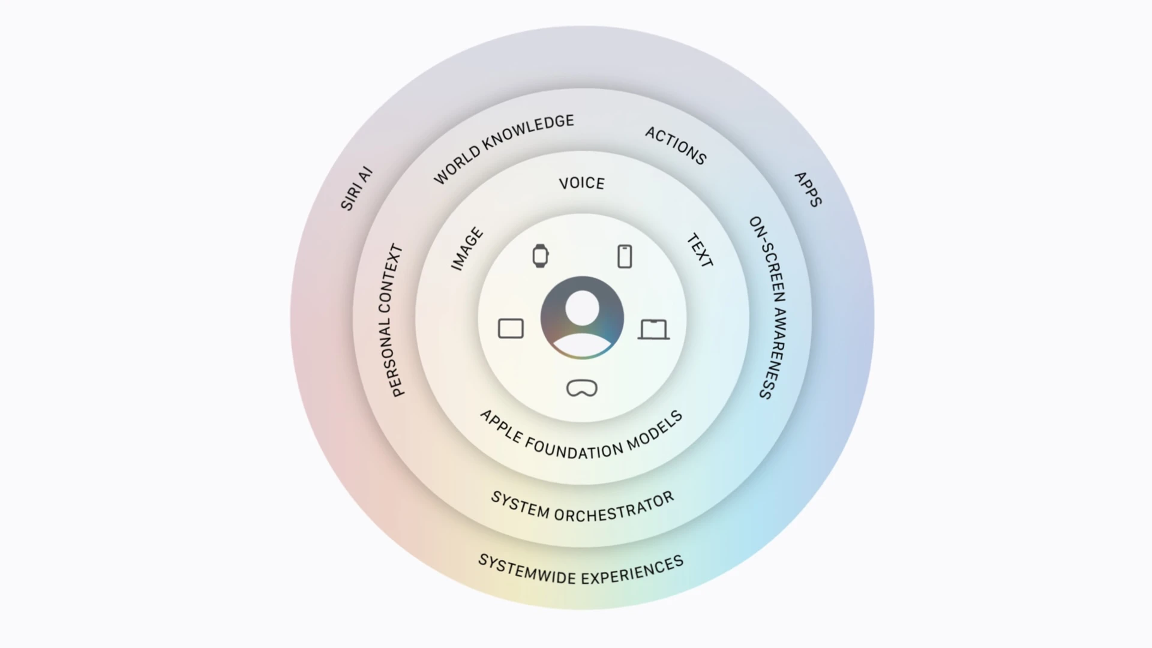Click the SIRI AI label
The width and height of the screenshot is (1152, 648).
click(x=357, y=188)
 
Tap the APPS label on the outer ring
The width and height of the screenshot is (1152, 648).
click(x=808, y=190)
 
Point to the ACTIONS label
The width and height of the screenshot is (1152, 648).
click(x=676, y=146)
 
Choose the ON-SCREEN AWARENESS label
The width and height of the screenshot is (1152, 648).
click(x=768, y=307)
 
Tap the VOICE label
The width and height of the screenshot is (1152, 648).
click(x=581, y=183)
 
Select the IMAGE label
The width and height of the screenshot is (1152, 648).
click(x=467, y=249)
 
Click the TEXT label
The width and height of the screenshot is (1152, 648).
click(x=700, y=251)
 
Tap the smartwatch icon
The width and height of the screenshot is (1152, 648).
click(x=541, y=256)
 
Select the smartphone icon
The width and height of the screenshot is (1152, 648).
click(x=625, y=256)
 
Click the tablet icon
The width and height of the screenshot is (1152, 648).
click(x=511, y=329)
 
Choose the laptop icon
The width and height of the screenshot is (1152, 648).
click(x=653, y=329)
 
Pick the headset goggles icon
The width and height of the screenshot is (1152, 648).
click(x=582, y=388)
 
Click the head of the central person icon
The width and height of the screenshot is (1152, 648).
click(x=582, y=308)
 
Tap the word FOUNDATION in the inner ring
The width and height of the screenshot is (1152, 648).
click(x=566, y=448)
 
